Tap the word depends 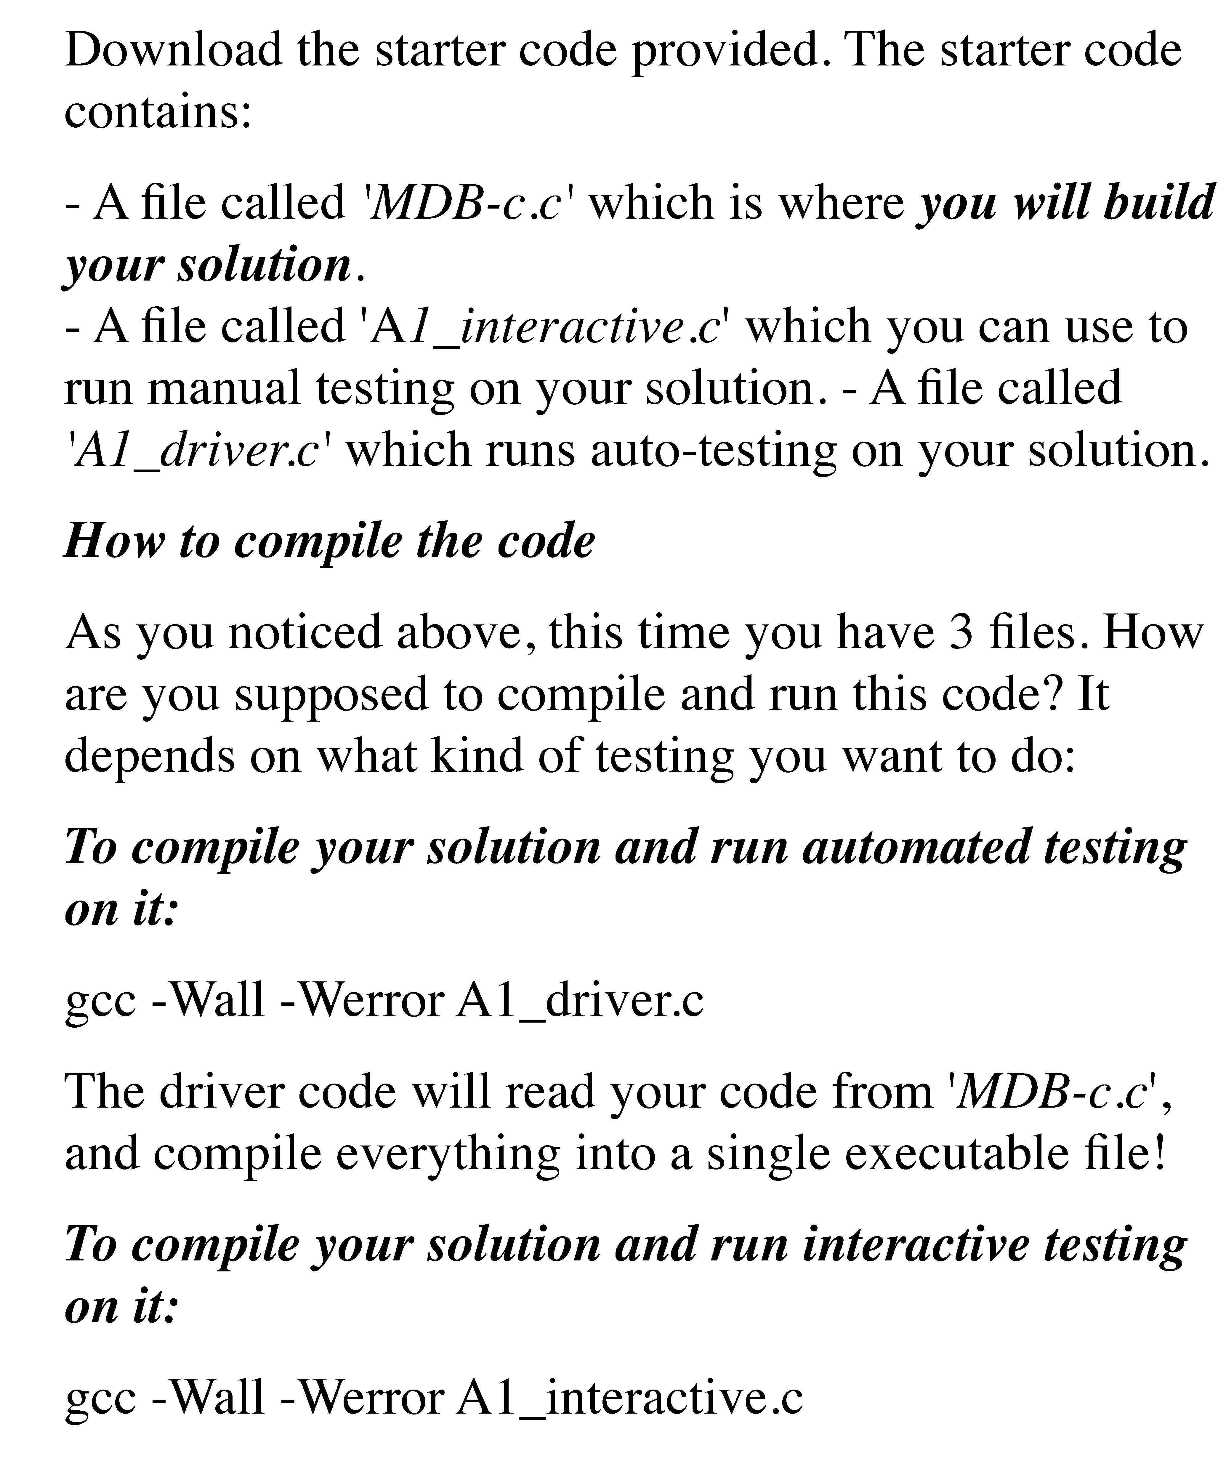(x=150, y=756)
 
